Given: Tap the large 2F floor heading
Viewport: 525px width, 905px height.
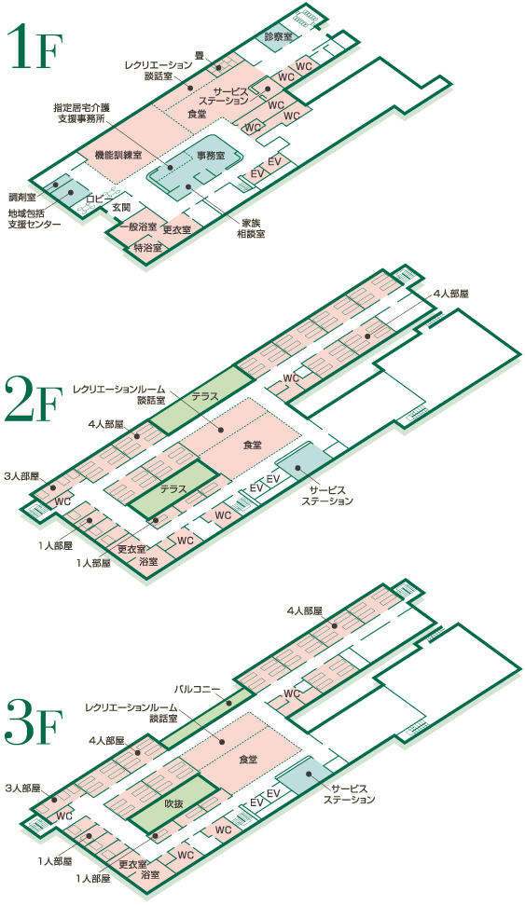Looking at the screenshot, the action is coord(33,399).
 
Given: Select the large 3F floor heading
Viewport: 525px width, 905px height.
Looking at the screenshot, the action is coord(33,721).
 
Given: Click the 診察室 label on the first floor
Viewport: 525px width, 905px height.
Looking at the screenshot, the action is coord(278,35).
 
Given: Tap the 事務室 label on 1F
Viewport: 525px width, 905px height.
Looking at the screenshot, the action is coord(211,156).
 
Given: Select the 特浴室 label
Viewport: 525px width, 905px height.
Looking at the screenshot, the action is coord(147,248).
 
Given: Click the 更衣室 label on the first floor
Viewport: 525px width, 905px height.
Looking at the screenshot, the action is coord(177,229).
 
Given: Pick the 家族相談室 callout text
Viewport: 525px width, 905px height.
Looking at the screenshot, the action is coord(251,228).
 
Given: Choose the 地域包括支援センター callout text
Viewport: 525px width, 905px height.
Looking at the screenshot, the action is coord(35,219).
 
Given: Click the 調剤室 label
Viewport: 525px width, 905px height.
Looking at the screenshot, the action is coord(22,197).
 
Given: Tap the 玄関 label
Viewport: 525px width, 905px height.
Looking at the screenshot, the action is coord(121,207).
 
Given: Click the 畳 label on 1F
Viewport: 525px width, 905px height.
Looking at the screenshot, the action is coord(200,55).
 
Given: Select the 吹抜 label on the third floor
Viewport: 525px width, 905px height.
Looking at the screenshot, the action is coord(173,802).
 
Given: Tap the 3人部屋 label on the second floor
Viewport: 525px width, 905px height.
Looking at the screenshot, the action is coord(21,476).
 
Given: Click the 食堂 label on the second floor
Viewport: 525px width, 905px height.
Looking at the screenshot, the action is coord(252,445).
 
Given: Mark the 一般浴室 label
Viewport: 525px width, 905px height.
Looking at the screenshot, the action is coord(139,226).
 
